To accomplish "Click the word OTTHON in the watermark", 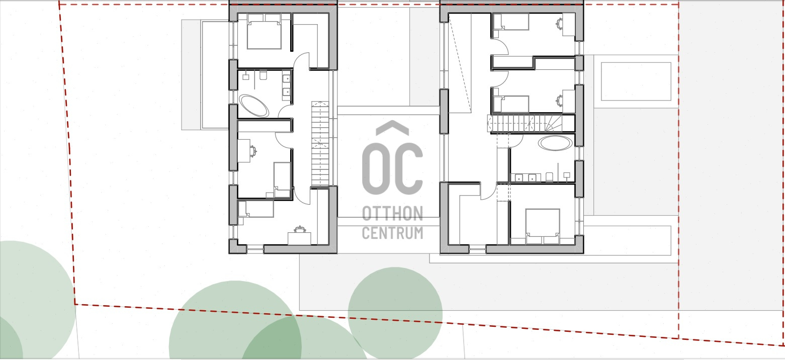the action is tap(392, 214).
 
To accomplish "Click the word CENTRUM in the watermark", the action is tap(392, 233).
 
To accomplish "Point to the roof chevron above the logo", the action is tap(392, 128).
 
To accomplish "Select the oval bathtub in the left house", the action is tap(254, 106).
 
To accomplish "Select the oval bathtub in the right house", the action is tap(555, 143).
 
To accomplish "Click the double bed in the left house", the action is tap(264, 32).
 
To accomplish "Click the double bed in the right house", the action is tap(543, 226).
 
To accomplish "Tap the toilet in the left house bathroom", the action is tap(263, 75).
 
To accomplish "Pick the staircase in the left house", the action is tap(320, 144).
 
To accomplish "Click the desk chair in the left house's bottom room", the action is tap(300, 230).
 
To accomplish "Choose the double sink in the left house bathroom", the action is tap(286, 85).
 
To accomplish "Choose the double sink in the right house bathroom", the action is tap(525, 177).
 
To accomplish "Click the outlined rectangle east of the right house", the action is tap(636, 81).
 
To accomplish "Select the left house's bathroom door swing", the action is tap(286, 112).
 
